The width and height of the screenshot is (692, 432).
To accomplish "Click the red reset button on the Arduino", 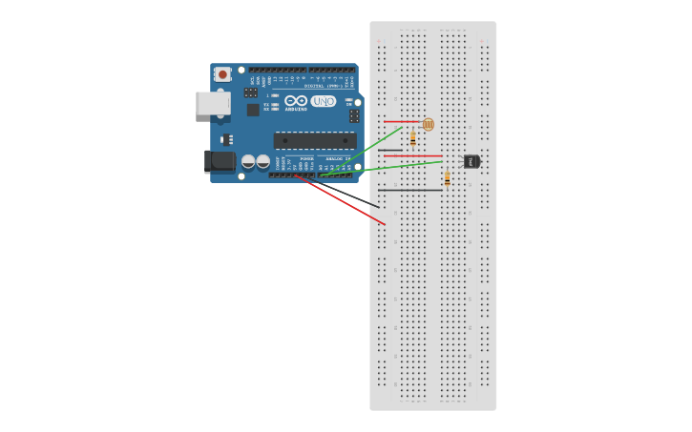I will pos(222,73).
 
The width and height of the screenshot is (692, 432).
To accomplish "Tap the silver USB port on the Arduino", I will pos(212,103).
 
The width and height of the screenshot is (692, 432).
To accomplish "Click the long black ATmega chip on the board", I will pos(314,140).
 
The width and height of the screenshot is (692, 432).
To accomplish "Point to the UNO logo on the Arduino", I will pos(324,100).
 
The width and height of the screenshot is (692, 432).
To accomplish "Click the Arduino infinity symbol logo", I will pos(296,100).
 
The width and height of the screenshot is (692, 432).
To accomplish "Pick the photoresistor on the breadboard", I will pos(428,124).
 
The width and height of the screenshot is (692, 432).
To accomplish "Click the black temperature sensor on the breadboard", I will pos(472,161).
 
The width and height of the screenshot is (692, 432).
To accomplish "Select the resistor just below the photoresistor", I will pos(412,138).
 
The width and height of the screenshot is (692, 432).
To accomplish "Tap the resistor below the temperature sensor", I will pos(447,178).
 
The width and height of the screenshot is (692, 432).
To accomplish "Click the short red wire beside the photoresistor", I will pos(401,121).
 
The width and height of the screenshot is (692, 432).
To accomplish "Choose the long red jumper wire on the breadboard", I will pos(412,155).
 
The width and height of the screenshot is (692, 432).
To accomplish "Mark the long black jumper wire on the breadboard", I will pos(410,190).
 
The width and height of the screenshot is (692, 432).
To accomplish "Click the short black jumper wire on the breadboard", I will pos(388,150).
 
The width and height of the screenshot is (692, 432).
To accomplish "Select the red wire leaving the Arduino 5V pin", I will pos(344,201).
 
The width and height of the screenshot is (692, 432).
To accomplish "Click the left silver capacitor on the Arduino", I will pos(248,161).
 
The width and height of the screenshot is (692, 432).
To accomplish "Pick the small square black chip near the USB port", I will pos(253,110).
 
